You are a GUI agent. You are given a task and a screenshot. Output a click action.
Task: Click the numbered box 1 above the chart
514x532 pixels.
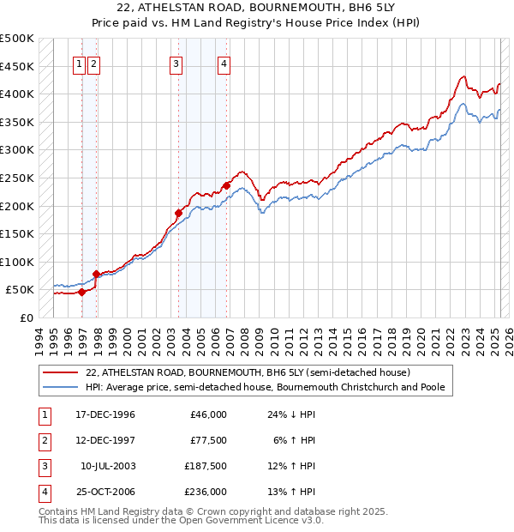pos(78,63)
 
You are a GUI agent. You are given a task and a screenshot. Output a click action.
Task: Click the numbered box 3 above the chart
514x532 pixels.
pos(176,63)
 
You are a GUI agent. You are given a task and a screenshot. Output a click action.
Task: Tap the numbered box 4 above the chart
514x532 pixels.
pos(223,63)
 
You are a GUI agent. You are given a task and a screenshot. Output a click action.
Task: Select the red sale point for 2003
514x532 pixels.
pos(179,213)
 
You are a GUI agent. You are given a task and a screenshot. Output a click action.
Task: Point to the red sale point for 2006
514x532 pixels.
pos(227,185)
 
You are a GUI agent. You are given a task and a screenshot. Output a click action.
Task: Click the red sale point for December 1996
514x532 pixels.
pos(82,292)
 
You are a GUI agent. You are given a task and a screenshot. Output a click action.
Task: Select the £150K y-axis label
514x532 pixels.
pos(17,233)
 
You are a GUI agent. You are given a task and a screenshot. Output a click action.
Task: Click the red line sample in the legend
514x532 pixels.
pos(61,373)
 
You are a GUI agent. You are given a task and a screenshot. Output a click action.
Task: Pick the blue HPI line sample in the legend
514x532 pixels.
pos(61,387)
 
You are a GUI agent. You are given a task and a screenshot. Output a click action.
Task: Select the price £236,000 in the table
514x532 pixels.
pos(207,492)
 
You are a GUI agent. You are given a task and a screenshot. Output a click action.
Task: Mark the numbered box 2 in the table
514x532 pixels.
pos(43,440)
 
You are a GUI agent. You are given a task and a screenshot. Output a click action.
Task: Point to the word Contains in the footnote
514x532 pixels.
pos(59,511)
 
